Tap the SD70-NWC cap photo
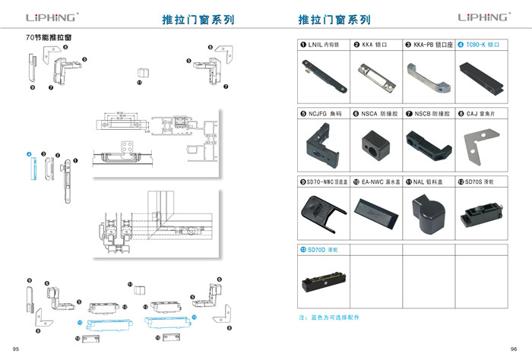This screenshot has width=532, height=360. (318, 210)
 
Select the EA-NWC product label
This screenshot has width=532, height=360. (375, 182)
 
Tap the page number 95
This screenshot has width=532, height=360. (16, 348)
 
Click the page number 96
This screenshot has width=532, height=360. (514, 348)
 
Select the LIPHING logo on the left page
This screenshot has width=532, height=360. (50, 17)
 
